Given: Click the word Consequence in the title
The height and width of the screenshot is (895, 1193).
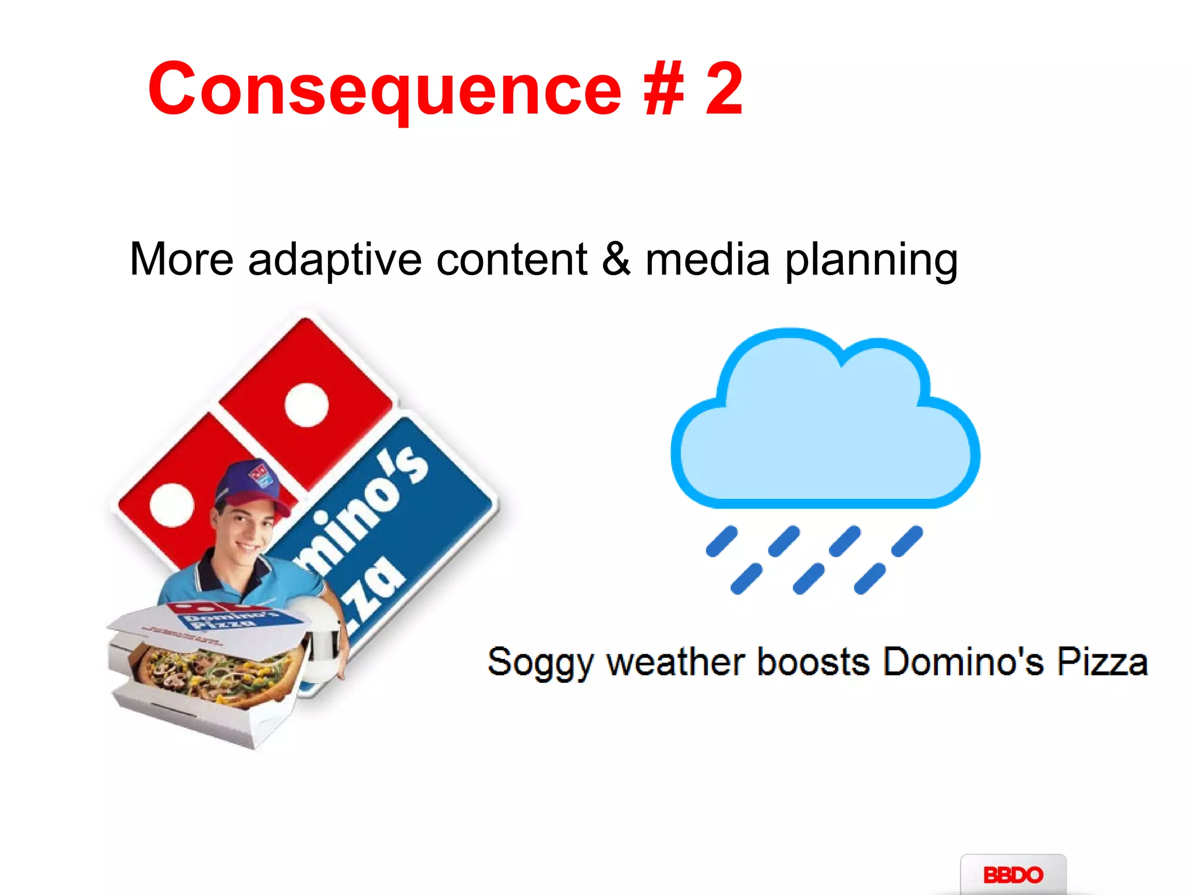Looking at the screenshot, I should [x=384, y=90].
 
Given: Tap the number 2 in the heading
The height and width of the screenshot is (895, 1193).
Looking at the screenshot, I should [x=724, y=89].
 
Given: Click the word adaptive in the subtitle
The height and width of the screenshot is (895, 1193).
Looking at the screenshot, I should [x=334, y=259].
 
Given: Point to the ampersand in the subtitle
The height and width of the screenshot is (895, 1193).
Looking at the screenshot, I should [x=616, y=259].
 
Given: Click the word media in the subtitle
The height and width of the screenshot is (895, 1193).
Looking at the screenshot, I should [x=707, y=259].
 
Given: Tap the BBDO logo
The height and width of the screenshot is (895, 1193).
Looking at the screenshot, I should [x=1013, y=875].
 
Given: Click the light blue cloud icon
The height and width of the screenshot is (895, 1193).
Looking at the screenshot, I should [x=824, y=431].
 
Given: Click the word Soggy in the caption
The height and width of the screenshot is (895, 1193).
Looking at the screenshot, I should [x=539, y=663].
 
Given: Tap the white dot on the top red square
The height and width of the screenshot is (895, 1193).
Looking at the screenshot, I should [x=306, y=405].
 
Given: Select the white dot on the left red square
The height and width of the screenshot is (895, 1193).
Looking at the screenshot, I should [x=172, y=505].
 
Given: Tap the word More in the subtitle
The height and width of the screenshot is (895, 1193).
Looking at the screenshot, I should [x=181, y=259].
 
